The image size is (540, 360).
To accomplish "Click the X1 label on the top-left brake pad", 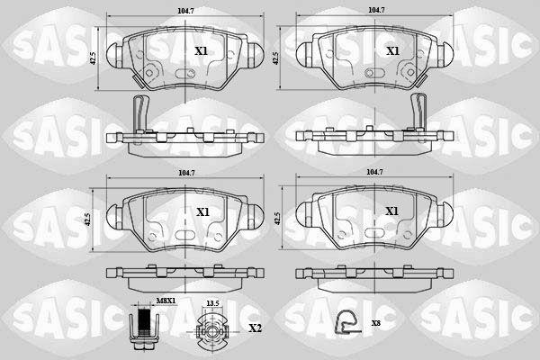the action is click(x=202, y=51).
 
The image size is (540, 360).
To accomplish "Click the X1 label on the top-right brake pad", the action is click(x=392, y=51).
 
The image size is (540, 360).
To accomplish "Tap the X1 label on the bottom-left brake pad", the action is click(x=202, y=212).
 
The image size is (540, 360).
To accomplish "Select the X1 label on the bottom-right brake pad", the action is click(x=391, y=211).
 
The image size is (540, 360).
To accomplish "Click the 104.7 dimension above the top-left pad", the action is click(x=185, y=11).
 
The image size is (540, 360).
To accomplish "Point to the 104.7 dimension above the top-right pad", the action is click(x=376, y=10).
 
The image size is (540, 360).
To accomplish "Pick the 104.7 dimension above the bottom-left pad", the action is click(x=186, y=174).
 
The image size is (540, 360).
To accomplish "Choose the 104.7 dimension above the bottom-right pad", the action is click(x=375, y=172).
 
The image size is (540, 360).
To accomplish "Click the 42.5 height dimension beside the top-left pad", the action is click(x=93, y=58).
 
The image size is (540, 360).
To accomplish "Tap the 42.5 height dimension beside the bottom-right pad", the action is click(x=278, y=219).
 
